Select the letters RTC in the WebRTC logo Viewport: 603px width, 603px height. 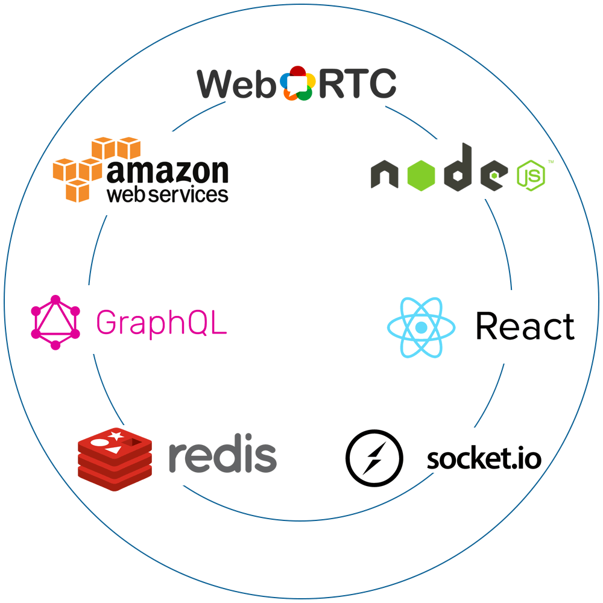point(356,84)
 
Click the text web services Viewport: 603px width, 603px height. point(167,194)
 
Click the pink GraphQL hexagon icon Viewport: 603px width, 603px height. point(55,323)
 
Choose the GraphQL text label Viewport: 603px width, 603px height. point(162,323)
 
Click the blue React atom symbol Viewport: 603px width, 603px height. point(421,327)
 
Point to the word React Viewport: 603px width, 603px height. point(525,326)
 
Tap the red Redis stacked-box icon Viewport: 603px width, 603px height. point(115,459)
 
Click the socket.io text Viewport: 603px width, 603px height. point(484,459)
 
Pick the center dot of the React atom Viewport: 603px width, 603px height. point(421,327)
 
